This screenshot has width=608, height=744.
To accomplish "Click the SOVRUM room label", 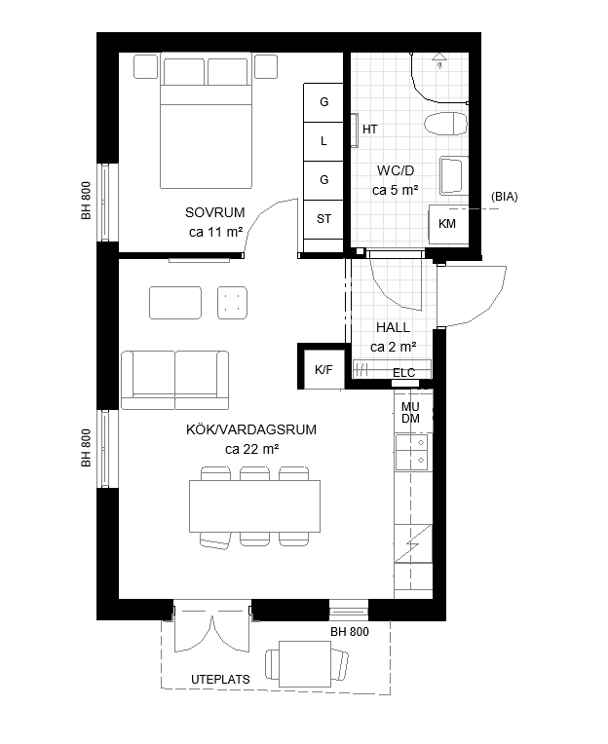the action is pyautogui.click(x=215, y=212).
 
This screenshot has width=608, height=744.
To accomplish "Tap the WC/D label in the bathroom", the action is pyautogui.click(x=396, y=170).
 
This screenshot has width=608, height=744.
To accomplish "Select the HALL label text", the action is pyautogui.click(x=393, y=327).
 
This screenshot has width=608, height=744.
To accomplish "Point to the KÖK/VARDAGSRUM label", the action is pyautogui.click(x=251, y=429).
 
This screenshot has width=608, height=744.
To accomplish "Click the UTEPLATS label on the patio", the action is pyautogui.click(x=220, y=680).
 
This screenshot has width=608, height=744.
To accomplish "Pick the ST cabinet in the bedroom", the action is pyautogui.click(x=323, y=219).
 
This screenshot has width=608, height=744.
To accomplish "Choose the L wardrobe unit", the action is pyautogui.click(x=323, y=141).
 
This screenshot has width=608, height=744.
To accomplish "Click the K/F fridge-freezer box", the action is pyautogui.click(x=323, y=369).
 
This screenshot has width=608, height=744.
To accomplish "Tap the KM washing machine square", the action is pyautogui.click(x=448, y=224).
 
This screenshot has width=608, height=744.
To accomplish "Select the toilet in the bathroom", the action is pyautogui.click(x=445, y=125).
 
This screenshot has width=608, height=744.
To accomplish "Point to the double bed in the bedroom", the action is pyautogui.click(x=206, y=121).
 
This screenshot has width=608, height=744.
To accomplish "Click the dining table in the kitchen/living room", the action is pyautogui.click(x=254, y=506).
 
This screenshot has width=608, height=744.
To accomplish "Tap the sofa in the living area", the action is pyautogui.click(x=174, y=380).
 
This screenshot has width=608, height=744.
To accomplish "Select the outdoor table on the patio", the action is pyautogui.click(x=305, y=664).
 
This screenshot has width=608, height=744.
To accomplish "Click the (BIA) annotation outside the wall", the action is pyautogui.click(x=504, y=197).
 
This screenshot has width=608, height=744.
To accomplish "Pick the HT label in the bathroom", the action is pyautogui.click(x=369, y=130).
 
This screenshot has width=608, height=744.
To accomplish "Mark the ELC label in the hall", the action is pyautogui.click(x=404, y=373).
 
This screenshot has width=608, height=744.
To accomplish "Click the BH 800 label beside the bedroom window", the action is pyautogui.click(x=86, y=201).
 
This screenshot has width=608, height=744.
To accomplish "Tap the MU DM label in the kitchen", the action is pyautogui.click(x=410, y=412).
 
